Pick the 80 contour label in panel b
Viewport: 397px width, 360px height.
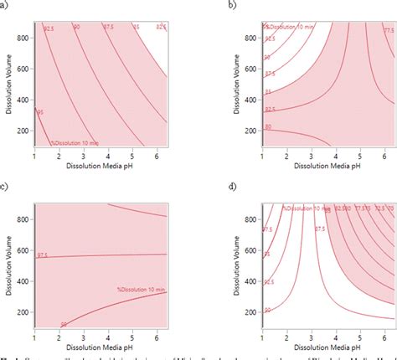268,126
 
